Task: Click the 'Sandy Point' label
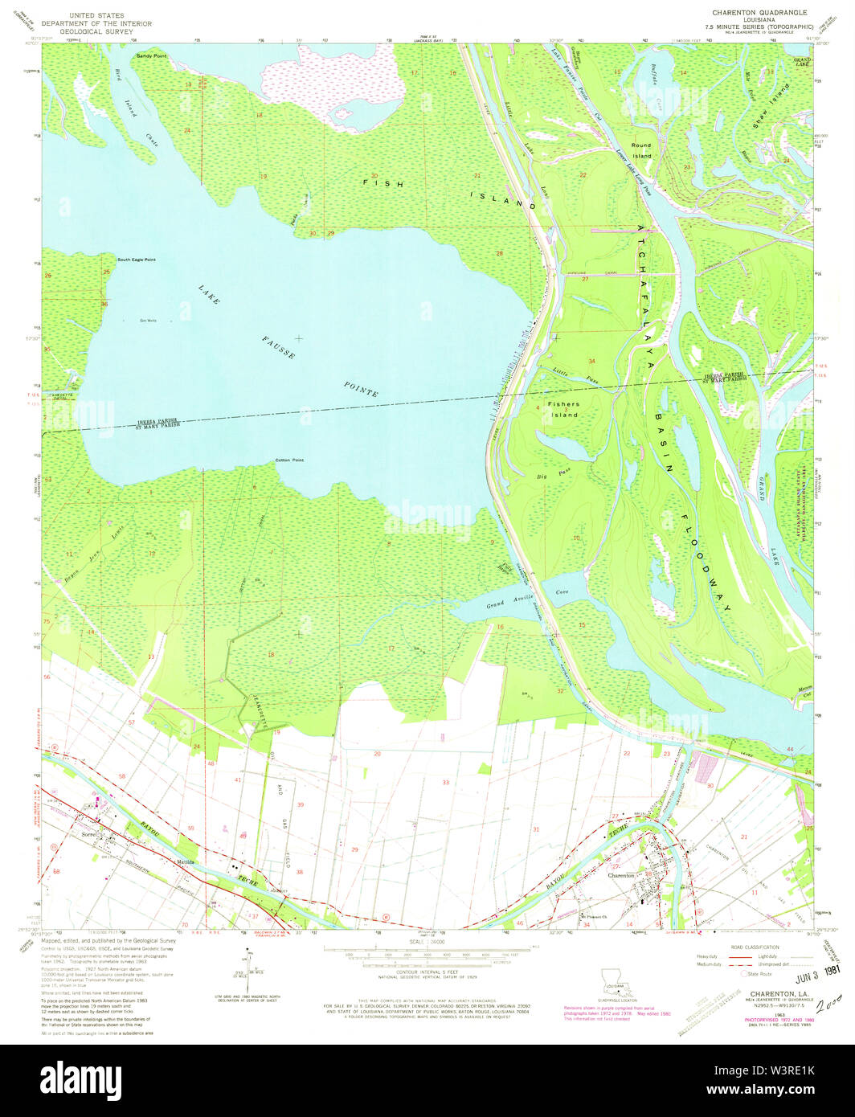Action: tap(151, 55)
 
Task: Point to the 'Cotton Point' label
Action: tap(289, 460)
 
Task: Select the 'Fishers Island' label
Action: tap(562, 410)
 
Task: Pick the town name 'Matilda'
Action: tap(187, 863)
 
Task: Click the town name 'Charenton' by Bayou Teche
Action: tap(622, 875)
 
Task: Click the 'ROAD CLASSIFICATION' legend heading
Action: tap(752, 947)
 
